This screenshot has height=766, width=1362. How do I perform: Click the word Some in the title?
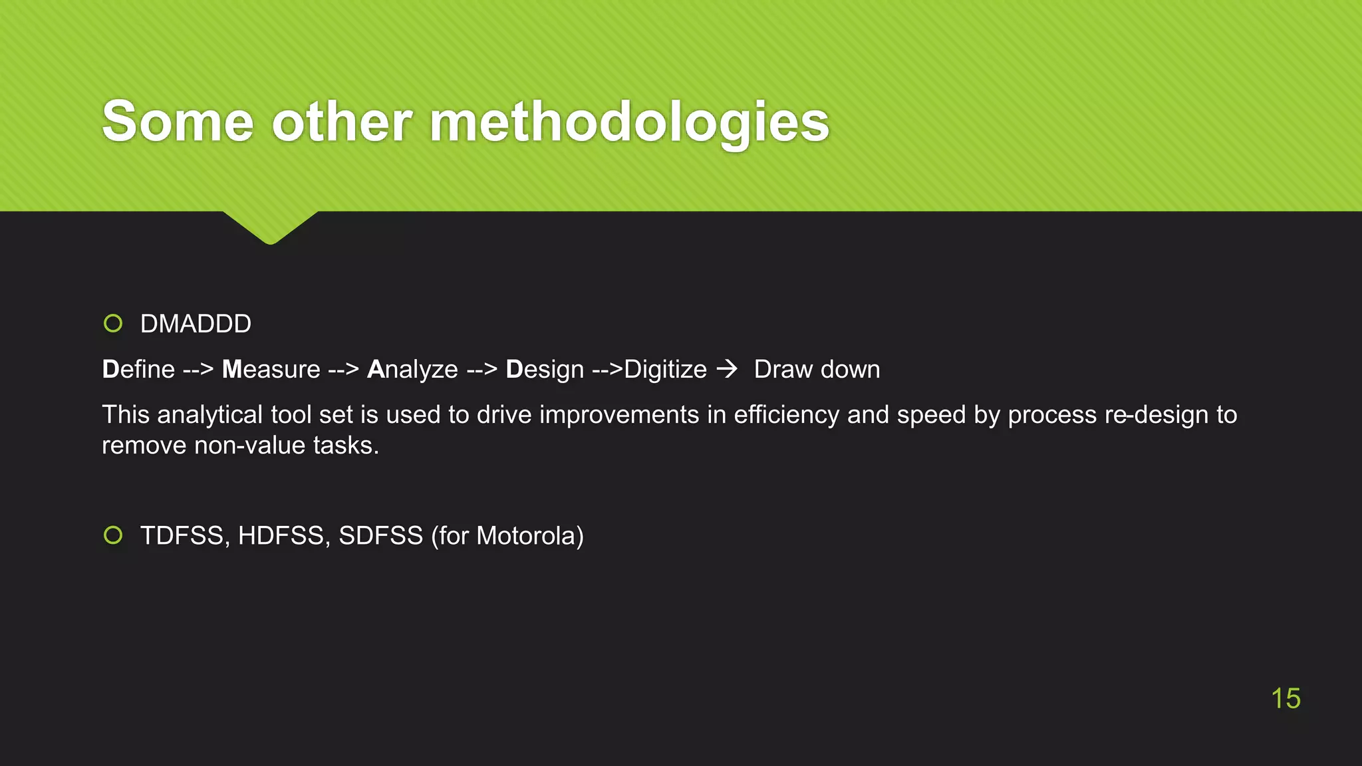click(x=178, y=122)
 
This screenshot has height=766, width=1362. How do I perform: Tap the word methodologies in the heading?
click(x=629, y=123)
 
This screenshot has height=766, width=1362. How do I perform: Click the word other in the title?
click(x=342, y=122)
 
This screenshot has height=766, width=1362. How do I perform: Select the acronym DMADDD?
click(x=196, y=324)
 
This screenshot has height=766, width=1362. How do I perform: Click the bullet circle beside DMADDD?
click(x=113, y=324)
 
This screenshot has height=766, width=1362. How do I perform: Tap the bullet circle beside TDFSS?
click(x=113, y=535)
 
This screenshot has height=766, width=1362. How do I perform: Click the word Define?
click(x=138, y=369)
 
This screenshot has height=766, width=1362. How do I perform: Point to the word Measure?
click(x=271, y=369)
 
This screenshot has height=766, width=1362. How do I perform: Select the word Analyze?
click(x=412, y=369)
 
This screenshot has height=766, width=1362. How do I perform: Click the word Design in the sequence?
click(x=545, y=369)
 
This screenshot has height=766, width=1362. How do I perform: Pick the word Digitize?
click(x=665, y=369)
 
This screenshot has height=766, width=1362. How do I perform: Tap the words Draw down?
click(x=817, y=369)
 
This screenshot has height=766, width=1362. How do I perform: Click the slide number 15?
click(x=1285, y=698)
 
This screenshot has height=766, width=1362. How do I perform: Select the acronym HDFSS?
click(x=281, y=536)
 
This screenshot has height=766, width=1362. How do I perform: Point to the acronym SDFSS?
click(x=380, y=536)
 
